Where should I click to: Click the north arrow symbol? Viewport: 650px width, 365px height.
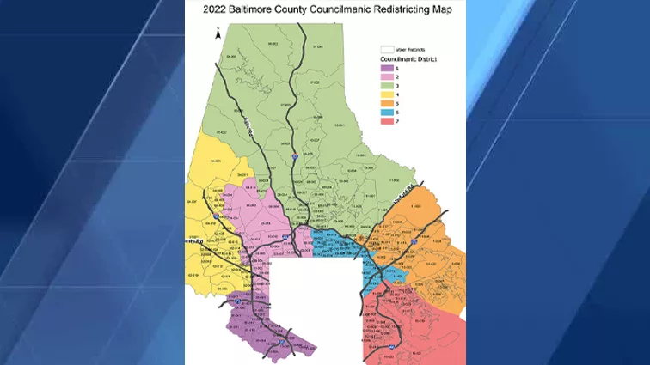tap(219, 34)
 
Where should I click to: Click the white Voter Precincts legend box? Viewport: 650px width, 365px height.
tap(388, 50)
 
